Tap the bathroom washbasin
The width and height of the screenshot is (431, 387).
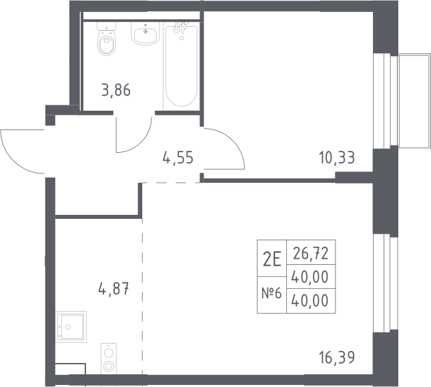(x=145, y=33)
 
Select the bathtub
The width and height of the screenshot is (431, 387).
(x=181, y=66)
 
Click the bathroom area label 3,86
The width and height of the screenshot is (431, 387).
(x=115, y=90)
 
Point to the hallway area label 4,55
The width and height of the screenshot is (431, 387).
(x=178, y=158)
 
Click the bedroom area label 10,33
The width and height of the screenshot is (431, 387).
(x=337, y=157)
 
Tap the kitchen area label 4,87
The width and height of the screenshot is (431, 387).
(x=114, y=289)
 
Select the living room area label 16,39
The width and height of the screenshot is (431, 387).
(x=337, y=358)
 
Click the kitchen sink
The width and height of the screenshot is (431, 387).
(x=71, y=327)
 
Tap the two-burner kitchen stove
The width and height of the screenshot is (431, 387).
(x=109, y=358)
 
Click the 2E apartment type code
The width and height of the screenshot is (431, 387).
(x=272, y=260)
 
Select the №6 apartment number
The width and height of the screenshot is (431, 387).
(x=272, y=294)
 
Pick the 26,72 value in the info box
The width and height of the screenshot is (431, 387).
(x=311, y=254)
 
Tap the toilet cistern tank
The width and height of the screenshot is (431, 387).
(x=107, y=26)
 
